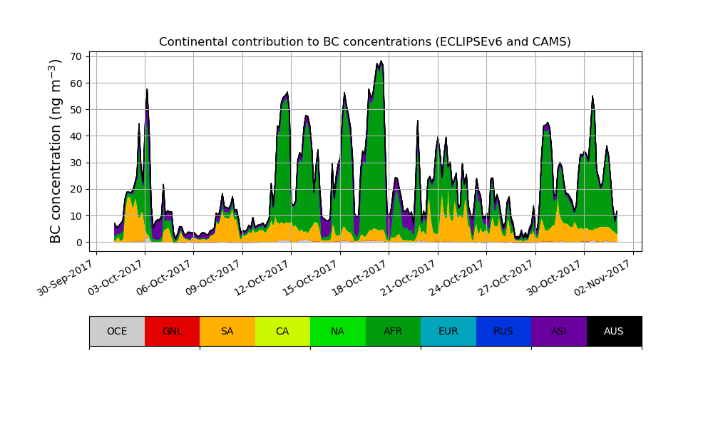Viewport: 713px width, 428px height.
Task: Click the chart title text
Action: (x=365, y=42)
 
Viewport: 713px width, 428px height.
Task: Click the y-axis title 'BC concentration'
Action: (x=56, y=151)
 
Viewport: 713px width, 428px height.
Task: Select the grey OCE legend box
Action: (x=117, y=331)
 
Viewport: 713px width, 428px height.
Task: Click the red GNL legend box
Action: (x=172, y=331)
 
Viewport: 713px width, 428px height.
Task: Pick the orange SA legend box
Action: (x=227, y=331)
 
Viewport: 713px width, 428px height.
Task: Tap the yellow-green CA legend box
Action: (x=282, y=331)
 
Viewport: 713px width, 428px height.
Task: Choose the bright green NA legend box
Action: (x=338, y=331)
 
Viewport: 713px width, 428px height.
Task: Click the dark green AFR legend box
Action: (x=393, y=331)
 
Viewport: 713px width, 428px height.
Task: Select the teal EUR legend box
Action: (x=448, y=331)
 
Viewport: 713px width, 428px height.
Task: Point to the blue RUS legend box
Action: (x=503, y=331)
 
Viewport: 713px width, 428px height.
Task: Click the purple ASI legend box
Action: (x=559, y=331)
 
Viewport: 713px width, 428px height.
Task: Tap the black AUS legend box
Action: (x=614, y=331)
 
